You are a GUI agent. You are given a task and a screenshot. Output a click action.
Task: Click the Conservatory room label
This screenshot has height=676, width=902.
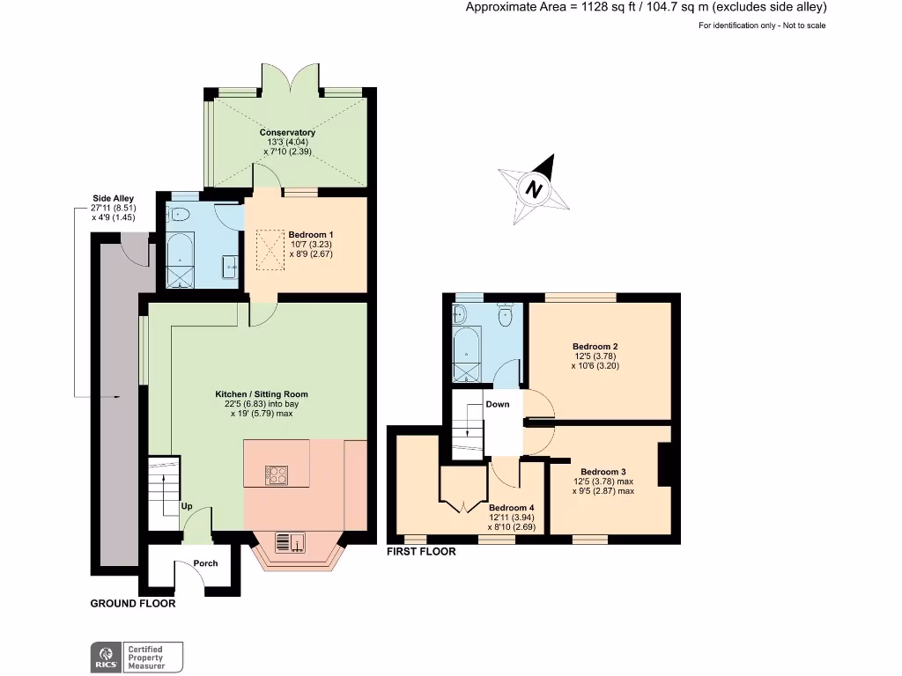tap(287, 133)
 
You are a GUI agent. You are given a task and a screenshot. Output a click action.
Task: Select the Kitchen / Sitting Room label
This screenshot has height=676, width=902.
tap(262, 393)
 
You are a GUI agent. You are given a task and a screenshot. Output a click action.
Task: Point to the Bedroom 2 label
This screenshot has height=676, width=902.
tap(595, 347)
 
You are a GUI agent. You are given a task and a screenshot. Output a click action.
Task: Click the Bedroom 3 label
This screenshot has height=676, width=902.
tap(603, 471)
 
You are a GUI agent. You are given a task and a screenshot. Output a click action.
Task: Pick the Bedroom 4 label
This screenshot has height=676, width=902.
tap(512, 508)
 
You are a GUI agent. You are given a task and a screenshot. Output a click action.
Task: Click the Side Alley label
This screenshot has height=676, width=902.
tap(113, 199)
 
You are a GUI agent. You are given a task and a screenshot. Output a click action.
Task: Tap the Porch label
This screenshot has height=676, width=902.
tap(205, 563)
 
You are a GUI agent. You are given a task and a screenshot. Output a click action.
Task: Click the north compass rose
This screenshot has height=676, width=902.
tap(532, 187)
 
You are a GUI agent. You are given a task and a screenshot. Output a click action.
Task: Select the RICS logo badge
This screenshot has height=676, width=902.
tap(107, 657)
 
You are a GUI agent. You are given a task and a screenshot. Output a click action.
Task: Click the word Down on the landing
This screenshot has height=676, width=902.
tap(497, 405)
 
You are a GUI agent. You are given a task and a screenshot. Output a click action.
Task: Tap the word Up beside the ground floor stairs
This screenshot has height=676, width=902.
tap(187, 506)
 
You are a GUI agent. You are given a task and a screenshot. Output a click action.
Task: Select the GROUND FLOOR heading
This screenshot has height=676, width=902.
tap(133, 604)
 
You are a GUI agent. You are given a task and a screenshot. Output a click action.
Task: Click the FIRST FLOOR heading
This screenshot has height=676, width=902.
tap(421, 552)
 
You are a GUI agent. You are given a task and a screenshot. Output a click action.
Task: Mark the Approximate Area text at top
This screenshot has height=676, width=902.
tap(646, 8)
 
